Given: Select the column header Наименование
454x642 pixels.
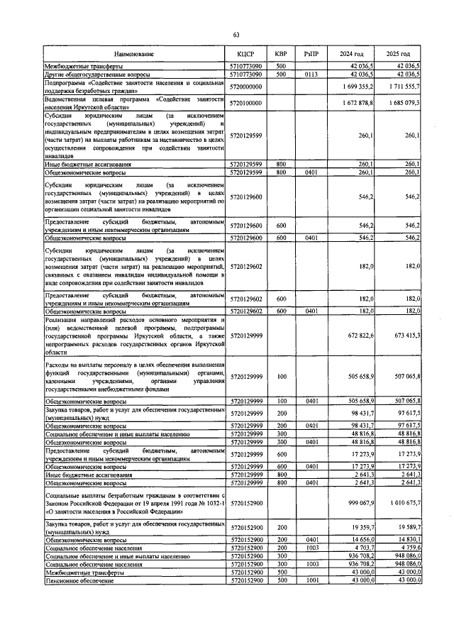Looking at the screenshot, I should [x=133, y=54].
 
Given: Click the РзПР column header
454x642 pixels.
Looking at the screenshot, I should [x=310, y=54].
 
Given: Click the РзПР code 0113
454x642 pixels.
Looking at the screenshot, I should [x=310, y=73].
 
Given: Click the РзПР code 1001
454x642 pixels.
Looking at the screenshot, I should [x=310, y=580].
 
